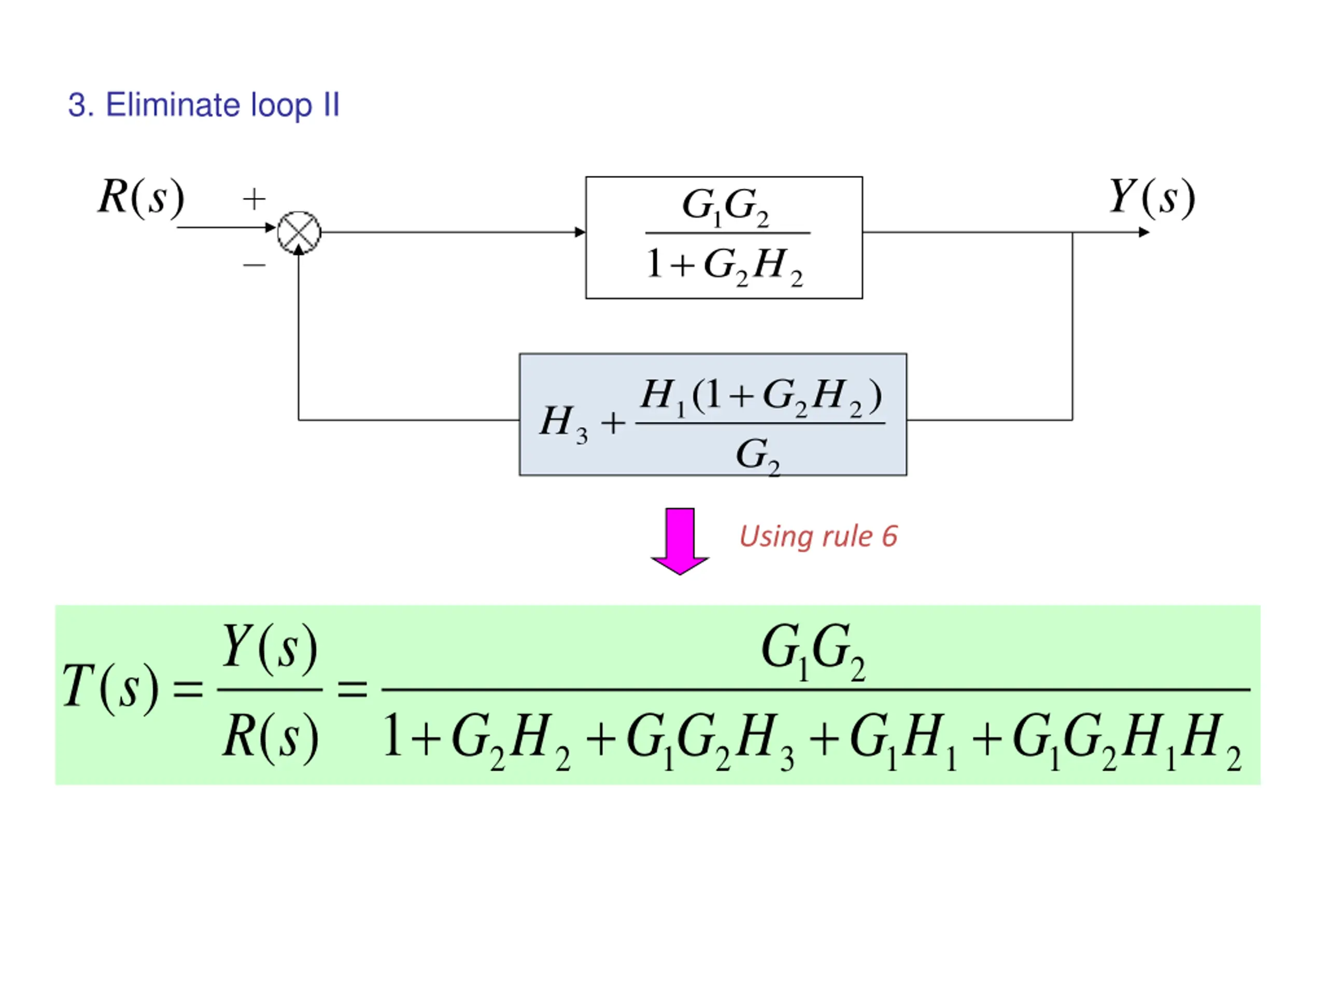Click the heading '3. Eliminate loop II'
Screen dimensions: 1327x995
(204, 106)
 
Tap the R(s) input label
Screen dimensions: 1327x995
(142, 197)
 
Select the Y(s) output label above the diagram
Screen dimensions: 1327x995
(1152, 197)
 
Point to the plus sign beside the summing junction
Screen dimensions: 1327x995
(255, 199)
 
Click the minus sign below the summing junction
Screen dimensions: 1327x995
(255, 264)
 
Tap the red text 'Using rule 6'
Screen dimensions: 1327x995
(818, 536)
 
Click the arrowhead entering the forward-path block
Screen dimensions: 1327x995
(580, 232)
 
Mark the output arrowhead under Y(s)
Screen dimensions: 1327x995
(1144, 232)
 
